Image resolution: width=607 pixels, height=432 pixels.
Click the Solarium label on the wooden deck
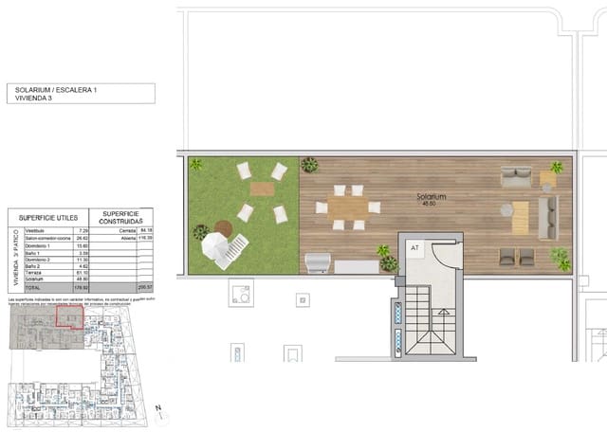[x=432, y=199]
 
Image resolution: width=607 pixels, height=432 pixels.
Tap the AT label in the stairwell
[x=414, y=248]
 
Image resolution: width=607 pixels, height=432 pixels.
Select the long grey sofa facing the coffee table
[x=547, y=217]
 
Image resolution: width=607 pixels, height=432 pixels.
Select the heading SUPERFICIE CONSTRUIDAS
[x=122, y=217]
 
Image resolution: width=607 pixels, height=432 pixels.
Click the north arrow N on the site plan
[x=159, y=409]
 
